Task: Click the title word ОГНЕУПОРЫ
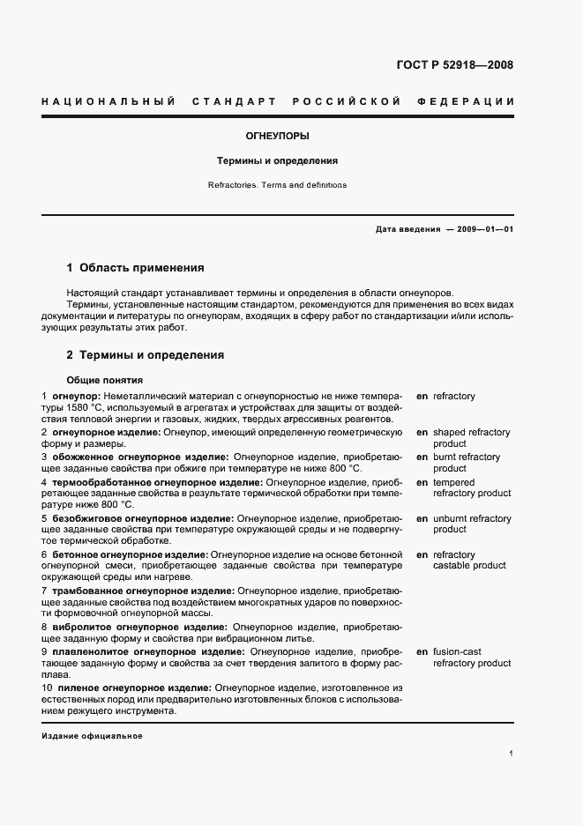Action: (x=277, y=137)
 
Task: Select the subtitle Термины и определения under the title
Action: (x=278, y=161)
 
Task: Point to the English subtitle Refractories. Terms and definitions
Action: (x=277, y=185)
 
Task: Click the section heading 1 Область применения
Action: (x=136, y=267)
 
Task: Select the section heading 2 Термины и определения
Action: (x=146, y=355)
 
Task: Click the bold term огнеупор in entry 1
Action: (x=77, y=396)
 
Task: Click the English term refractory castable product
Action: (x=468, y=560)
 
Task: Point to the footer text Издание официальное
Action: (x=92, y=736)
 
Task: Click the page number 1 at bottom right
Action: (x=512, y=754)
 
